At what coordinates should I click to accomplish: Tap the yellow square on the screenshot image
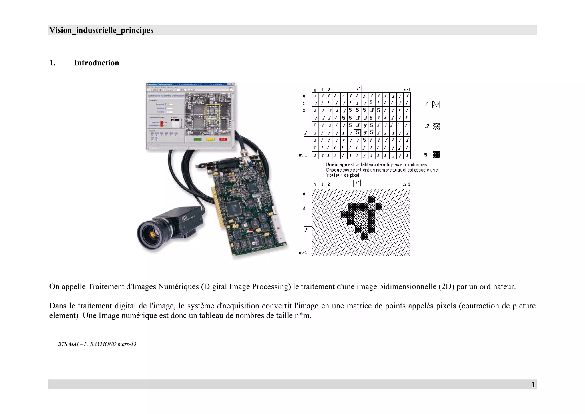(x=213, y=112)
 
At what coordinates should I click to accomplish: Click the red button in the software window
(x=223, y=139)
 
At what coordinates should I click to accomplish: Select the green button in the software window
(x=197, y=139)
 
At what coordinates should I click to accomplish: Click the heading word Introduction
(x=96, y=63)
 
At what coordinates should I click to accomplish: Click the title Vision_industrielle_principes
(x=101, y=30)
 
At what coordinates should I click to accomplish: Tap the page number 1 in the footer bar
(x=533, y=385)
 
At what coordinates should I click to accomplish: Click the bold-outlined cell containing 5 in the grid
(x=357, y=132)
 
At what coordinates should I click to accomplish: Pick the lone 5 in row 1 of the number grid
(x=371, y=102)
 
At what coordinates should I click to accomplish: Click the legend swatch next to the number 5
(x=436, y=155)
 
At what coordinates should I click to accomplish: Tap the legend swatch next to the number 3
(x=436, y=126)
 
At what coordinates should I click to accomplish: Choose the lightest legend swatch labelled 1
(x=436, y=104)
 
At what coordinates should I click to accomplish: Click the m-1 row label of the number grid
(x=303, y=155)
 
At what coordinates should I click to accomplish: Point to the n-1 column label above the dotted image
(x=406, y=184)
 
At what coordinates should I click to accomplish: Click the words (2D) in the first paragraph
(x=446, y=286)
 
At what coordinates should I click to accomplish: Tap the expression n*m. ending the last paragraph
(x=303, y=316)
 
